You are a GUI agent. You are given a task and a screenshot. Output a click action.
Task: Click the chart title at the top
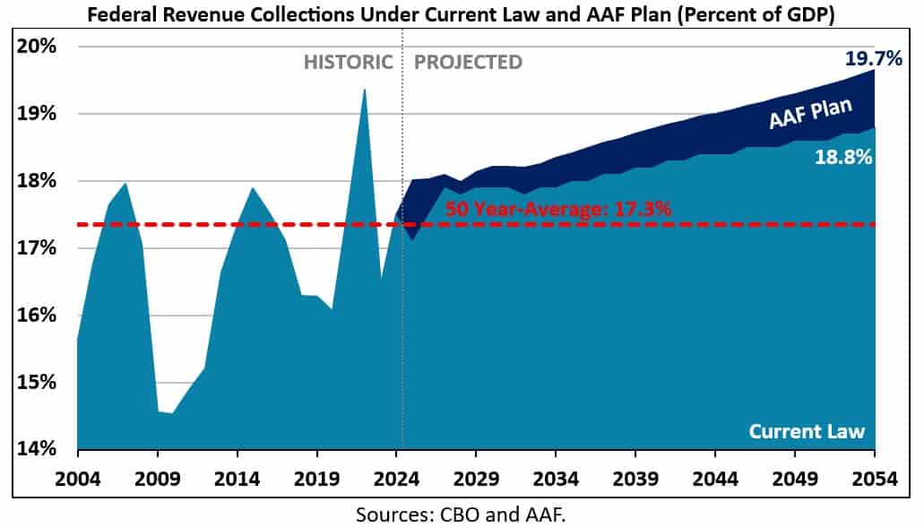(x=461, y=15)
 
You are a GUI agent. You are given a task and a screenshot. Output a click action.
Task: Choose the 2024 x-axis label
(x=396, y=480)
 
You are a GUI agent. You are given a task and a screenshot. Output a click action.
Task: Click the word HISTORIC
(x=348, y=63)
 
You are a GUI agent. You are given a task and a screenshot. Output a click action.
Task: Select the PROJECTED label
(x=468, y=63)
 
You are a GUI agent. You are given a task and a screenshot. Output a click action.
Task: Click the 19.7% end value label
(x=872, y=60)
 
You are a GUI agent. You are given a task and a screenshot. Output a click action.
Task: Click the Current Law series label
(x=807, y=431)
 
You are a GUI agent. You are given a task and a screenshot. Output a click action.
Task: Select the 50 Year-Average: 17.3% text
(x=558, y=210)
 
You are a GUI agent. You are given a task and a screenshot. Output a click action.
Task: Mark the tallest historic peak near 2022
(x=364, y=89)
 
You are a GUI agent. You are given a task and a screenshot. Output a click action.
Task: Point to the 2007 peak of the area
(x=125, y=184)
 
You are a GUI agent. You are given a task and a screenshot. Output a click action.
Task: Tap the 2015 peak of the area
(x=253, y=188)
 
